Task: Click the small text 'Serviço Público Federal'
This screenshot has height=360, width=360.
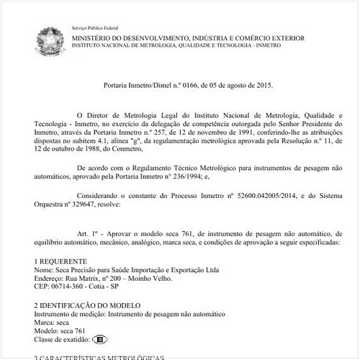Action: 94,27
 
